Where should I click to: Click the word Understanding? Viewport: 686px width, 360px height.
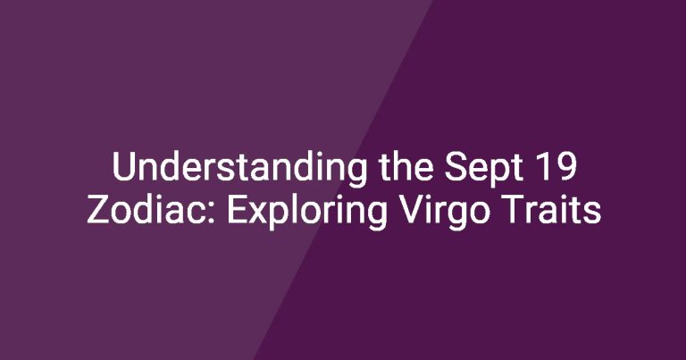239,170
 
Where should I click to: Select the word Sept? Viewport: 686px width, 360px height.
484,170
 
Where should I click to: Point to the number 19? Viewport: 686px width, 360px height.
556,167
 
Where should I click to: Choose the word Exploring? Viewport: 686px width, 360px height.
306,212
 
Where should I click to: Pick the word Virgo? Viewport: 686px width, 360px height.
443,212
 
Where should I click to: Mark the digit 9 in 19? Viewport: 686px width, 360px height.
565,167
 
